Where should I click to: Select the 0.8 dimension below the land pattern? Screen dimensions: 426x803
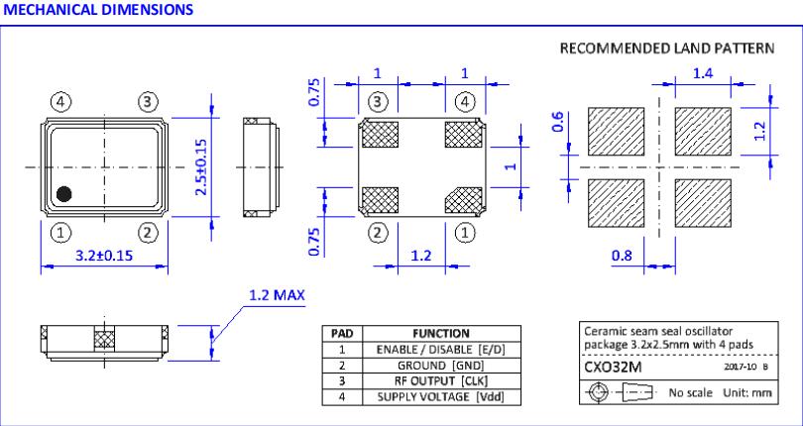623,257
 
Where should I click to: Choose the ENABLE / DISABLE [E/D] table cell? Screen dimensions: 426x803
437,351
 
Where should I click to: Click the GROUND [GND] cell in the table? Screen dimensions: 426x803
437,365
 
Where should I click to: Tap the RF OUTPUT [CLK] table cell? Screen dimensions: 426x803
437,378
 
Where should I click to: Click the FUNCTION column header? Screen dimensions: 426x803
437,335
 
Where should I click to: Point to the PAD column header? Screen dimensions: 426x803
339,335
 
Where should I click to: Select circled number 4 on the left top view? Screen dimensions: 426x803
60,101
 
